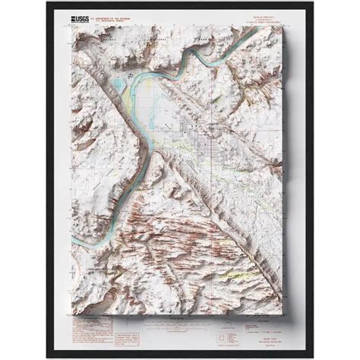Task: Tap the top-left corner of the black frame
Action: coord(47,3)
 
